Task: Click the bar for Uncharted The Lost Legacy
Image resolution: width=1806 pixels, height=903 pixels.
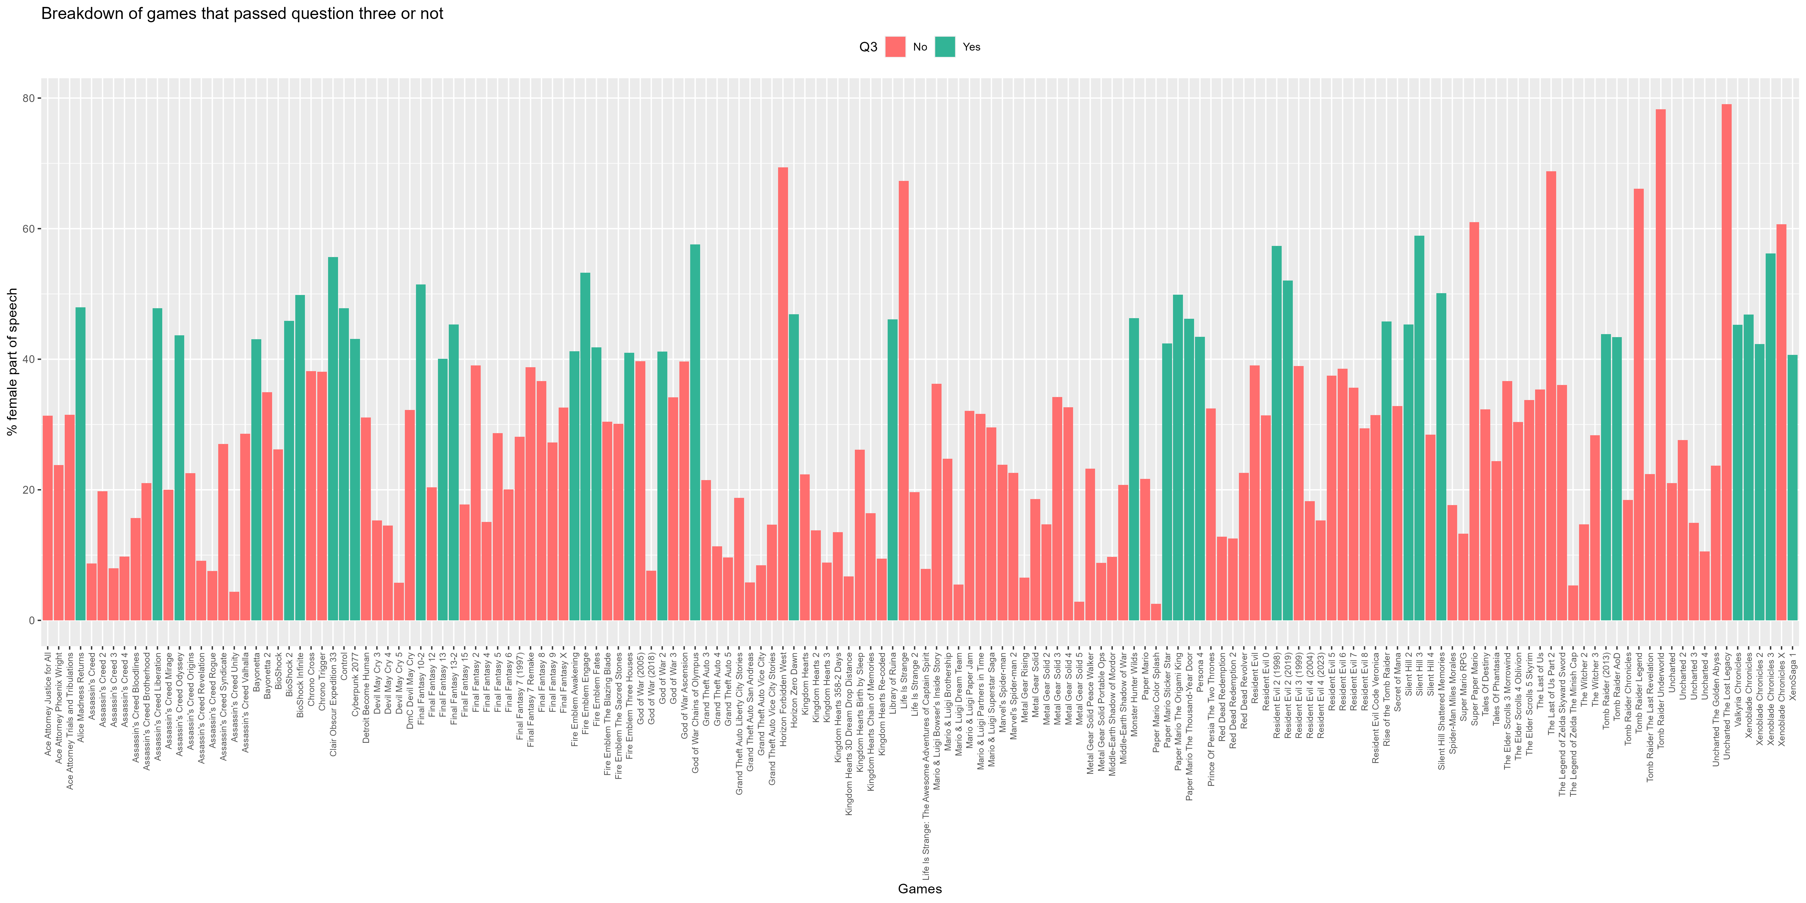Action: pos(1726,362)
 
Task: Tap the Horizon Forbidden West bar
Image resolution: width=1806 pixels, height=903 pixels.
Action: pos(783,394)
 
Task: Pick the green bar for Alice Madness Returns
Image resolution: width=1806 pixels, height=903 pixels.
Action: pos(81,464)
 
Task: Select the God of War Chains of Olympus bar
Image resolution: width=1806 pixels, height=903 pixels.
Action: pos(695,433)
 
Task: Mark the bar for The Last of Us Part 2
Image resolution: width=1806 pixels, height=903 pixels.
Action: pos(1551,396)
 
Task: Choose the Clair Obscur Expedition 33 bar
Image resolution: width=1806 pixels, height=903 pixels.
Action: pos(333,439)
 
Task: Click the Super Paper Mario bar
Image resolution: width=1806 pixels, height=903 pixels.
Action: pos(1474,421)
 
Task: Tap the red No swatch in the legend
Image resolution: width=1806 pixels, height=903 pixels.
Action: pos(895,47)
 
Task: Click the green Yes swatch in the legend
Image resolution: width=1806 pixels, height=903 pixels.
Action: pos(945,47)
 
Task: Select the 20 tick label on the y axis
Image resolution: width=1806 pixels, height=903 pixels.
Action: pos(28,490)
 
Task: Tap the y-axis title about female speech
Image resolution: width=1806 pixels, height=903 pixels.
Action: pos(12,362)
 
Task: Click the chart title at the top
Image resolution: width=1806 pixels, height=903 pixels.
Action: pos(243,13)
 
